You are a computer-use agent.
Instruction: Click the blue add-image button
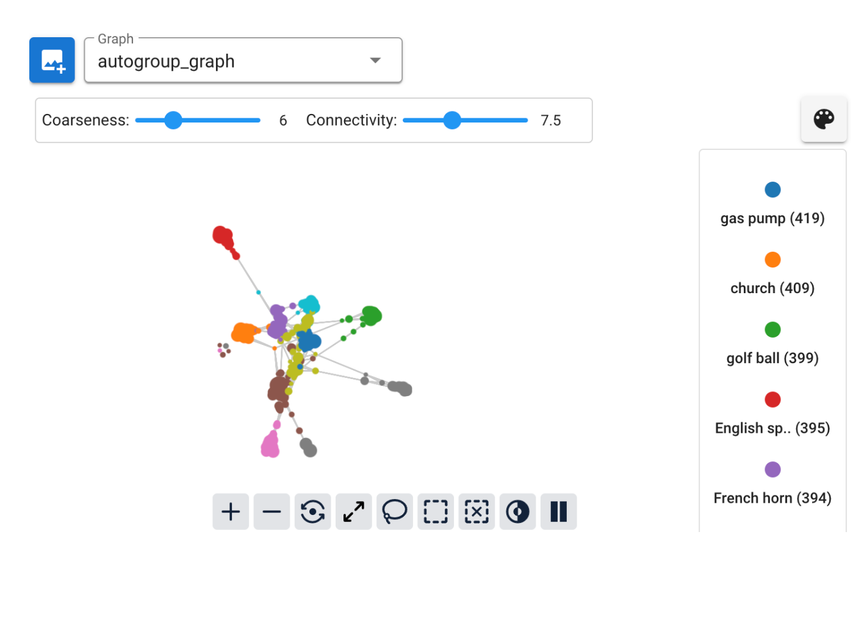pyautogui.click(x=52, y=60)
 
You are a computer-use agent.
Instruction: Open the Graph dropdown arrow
pyautogui.click(x=375, y=60)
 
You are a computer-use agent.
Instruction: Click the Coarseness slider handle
pyautogui.click(x=173, y=120)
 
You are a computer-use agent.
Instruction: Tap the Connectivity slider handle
pyautogui.click(x=451, y=120)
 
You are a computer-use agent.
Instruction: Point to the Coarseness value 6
pyautogui.click(x=283, y=121)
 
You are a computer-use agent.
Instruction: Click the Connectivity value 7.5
pyautogui.click(x=550, y=121)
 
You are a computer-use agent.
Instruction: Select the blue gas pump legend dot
pyautogui.click(x=772, y=190)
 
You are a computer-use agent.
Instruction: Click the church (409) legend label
pyautogui.click(x=772, y=288)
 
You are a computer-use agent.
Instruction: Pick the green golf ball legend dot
pyautogui.click(x=772, y=330)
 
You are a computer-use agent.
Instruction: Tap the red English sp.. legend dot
pyautogui.click(x=772, y=400)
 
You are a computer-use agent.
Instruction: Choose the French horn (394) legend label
pyautogui.click(x=772, y=498)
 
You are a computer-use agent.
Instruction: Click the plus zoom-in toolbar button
pyautogui.click(x=231, y=511)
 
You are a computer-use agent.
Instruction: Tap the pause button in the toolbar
pyautogui.click(x=558, y=511)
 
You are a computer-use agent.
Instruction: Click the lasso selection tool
pyautogui.click(x=395, y=511)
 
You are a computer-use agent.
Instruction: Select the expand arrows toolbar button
pyautogui.click(x=354, y=511)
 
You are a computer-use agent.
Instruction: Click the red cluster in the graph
pyautogui.click(x=223, y=236)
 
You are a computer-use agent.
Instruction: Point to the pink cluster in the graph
pyautogui.click(x=270, y=446)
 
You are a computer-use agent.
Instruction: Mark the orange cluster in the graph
pyautogui.click(x=244, y=333)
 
